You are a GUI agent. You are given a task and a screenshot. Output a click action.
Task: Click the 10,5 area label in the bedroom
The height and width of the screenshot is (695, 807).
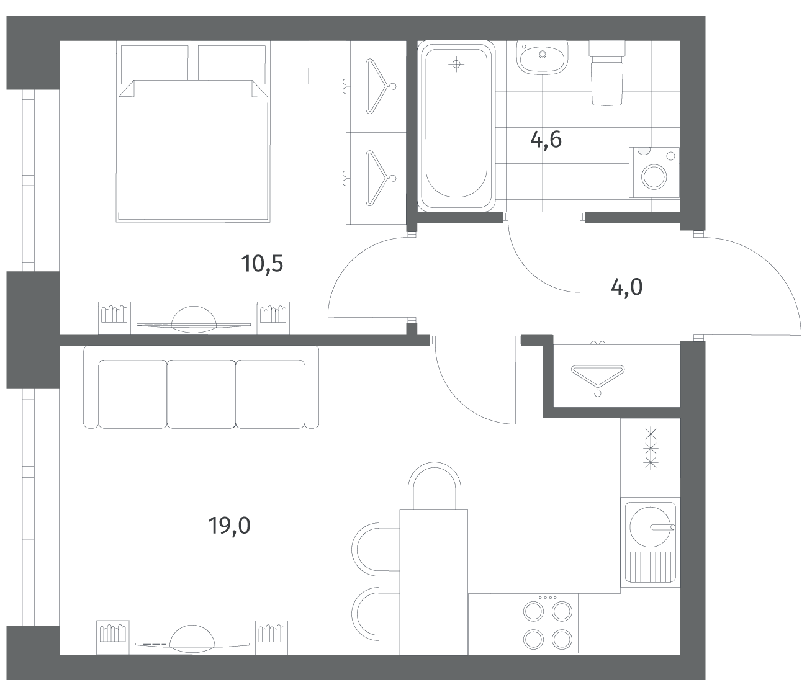pyautogui.click(x=262, y=264)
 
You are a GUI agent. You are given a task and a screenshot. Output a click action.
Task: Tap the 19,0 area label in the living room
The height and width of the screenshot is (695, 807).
pyautogui.click(x=229, y=526)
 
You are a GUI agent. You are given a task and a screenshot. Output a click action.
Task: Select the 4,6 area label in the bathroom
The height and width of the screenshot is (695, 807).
pyautogui.click(x=546, y=140)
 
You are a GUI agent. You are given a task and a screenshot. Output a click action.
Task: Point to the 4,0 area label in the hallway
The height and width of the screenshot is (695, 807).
pyautogui.click(x=626, y=287)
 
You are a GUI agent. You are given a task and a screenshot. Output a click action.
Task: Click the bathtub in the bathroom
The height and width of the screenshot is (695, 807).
pyautogui.click(x=456, y=126)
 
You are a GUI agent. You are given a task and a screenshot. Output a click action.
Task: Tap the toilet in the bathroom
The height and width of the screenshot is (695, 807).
pyautogui.click(x=606, y=73)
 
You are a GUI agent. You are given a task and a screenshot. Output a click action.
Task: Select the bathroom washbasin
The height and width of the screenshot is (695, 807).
pyautogui.click(x=542, y=57)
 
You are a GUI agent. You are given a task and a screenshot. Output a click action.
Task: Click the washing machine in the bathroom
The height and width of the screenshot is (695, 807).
pyautogui.click(x=654, y=173)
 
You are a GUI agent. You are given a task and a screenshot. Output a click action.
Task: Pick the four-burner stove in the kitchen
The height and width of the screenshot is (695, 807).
pyautogui.click(x=548, y=623)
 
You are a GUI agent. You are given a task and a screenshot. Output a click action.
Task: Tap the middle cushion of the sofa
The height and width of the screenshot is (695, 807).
pyautogui.click(x=202, y=395)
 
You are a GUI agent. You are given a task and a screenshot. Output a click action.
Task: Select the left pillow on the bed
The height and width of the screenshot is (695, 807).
pyautogui.click(x=155, y=64)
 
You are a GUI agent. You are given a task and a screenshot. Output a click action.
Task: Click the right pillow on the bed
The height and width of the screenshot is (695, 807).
pyautogui.click(x=232, y=65)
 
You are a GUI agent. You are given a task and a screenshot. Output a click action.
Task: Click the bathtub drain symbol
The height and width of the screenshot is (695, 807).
pyautogui.click(x=456, y=64)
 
